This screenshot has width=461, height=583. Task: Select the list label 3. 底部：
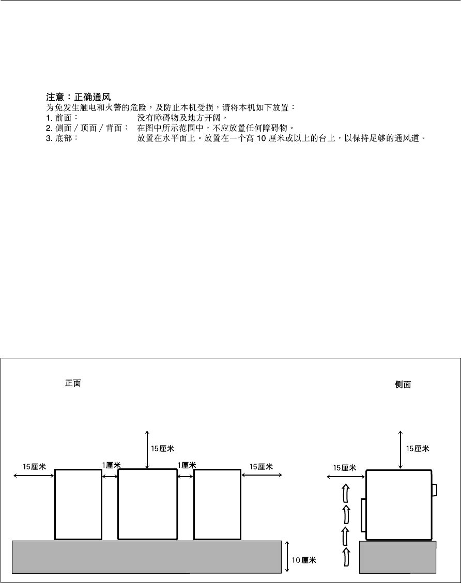(63, 139)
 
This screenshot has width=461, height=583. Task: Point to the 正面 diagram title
(73, 384)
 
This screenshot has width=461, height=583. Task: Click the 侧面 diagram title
(403, 385)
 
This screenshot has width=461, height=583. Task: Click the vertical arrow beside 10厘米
(287, 557)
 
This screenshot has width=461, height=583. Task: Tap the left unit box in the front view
(78, 504)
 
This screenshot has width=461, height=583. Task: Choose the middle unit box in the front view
(147, 504)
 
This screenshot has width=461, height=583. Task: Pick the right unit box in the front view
(217, 504)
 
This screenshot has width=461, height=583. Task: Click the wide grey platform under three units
(147, 557)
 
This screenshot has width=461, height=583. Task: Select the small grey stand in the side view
(398, 557)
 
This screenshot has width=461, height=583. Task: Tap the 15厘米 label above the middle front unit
(162, 449)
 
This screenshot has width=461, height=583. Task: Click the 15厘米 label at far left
(34, 466)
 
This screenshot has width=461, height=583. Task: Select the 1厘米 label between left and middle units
(111, 465)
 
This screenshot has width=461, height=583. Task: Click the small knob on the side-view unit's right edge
(435, 489)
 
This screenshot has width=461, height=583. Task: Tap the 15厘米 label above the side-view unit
(418, 449)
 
